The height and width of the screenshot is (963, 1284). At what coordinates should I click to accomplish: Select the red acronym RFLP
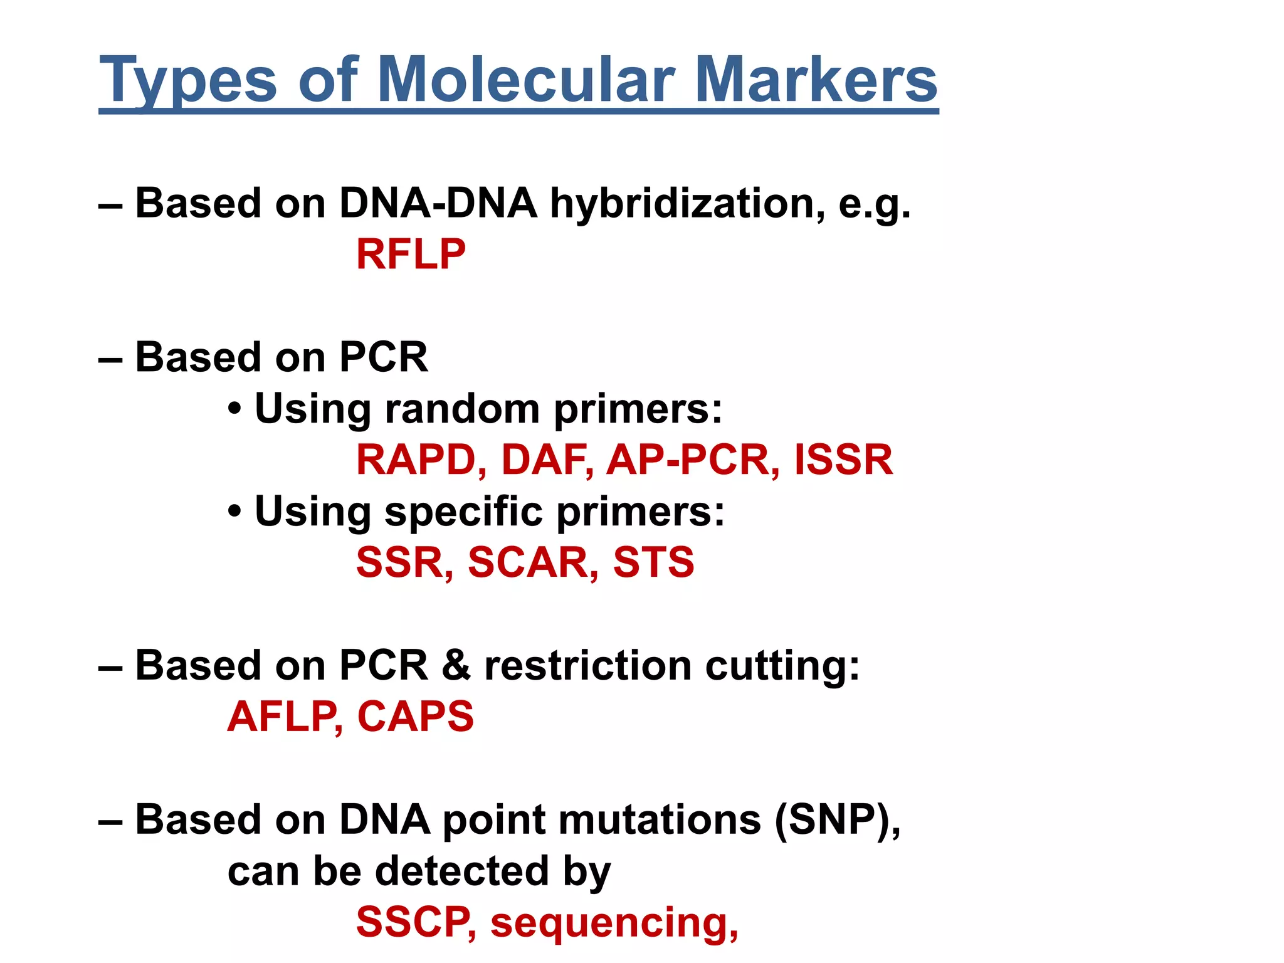point(411,255)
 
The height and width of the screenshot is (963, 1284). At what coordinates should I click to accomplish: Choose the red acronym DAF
point(546,460)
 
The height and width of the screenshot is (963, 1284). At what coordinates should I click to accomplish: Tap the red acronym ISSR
point(843,460)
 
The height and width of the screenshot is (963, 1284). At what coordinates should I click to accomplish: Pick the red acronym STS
point(653,562)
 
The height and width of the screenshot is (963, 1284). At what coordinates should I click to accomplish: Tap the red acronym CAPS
point(415,717)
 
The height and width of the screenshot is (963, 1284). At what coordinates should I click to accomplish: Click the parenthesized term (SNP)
point(836,820)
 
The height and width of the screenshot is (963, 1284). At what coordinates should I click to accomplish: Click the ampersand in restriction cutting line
point(456,666)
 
